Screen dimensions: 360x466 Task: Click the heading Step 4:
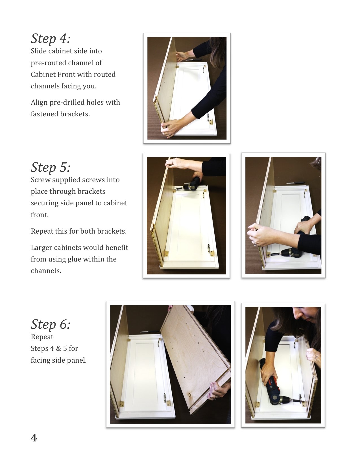tap(51, 39)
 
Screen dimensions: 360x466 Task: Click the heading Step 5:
tap(51, 167)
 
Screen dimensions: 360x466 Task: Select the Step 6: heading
tap(51, 324)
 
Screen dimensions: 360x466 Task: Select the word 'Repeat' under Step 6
tap(42, 337)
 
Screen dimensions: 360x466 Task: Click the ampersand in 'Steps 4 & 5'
tap(58, 348)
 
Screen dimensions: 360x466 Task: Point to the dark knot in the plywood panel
tap(190, 395)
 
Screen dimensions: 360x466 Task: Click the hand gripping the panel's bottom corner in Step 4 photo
tap(171, 128)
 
